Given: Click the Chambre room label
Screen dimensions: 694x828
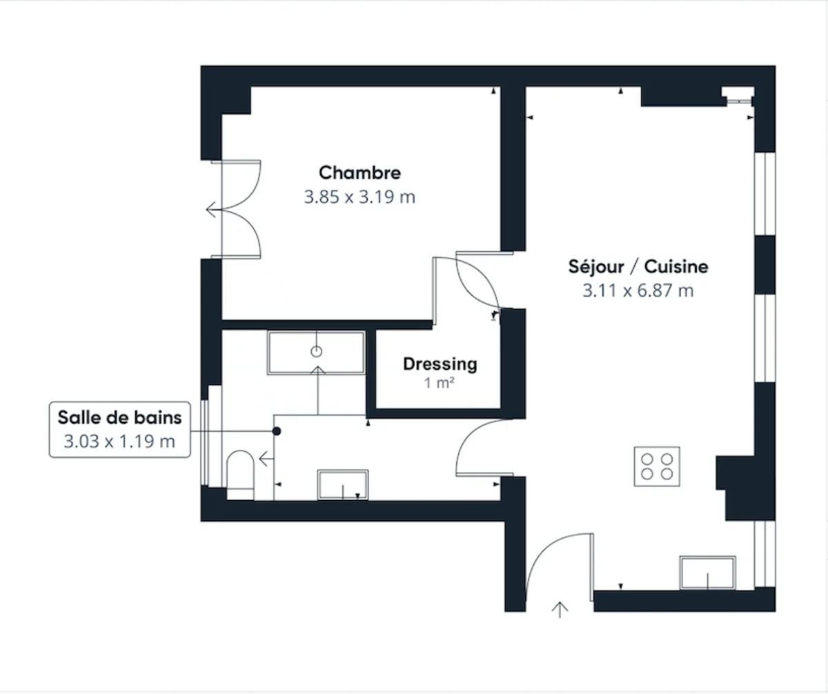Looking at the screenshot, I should point(359,172).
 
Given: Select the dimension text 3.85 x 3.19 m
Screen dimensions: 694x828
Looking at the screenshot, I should point(359,197).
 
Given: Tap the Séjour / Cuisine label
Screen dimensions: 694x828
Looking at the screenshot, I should point(638,266).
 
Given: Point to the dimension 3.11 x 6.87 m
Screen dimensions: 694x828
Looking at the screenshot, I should point(638,290).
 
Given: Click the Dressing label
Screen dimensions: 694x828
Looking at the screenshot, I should point(440,364).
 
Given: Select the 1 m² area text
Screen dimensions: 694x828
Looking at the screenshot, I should point(440,383).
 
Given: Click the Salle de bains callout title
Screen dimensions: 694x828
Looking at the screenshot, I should point(119,417).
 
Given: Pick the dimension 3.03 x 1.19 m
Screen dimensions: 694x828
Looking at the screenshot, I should point(119,441).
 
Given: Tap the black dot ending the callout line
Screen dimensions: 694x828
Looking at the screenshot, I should point(277,431).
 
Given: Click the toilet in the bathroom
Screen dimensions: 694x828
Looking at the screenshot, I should point(240,470).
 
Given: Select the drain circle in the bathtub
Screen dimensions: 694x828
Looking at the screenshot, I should point(317,352).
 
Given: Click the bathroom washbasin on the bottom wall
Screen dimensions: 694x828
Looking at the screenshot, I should point(343,484).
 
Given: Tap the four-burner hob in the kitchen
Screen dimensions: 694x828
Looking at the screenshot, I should point(657,466).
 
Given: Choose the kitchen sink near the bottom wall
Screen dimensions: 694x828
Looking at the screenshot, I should point(707,573).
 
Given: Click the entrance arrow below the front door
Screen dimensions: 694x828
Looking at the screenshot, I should point(560,609).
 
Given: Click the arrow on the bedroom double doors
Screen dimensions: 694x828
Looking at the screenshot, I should point(210,209).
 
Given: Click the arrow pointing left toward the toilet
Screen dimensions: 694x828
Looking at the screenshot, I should point(264,457).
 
